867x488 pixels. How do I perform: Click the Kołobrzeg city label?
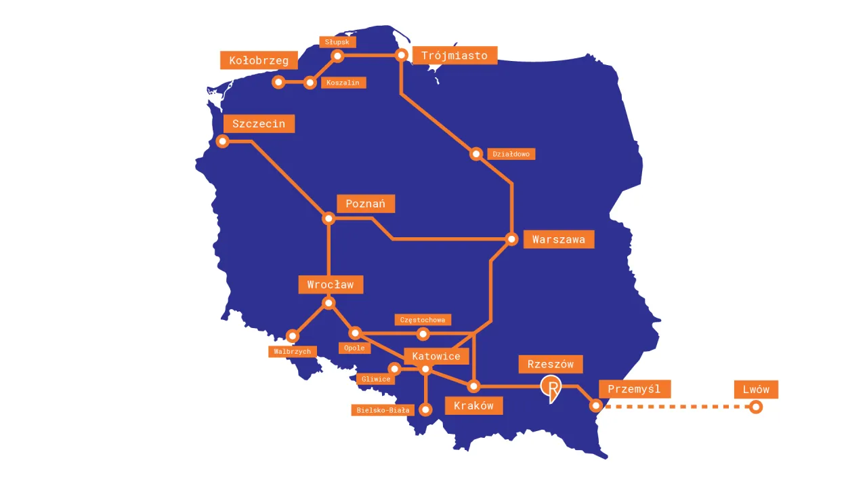click(259, 60)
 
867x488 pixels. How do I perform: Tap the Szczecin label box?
click(259, 123)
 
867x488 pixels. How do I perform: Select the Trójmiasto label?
click(454, 56)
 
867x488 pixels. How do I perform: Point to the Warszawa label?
click(559, 239)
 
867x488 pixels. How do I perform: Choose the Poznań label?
click(366, 204)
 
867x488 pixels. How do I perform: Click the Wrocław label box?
click(331, 285)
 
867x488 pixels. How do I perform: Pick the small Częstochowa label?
click(423, 319)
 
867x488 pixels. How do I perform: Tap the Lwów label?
click(756, 389)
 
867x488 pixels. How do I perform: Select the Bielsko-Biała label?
click(383, 410)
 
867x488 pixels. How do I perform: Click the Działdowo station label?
click(511, 154)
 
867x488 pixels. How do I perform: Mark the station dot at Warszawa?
click(512, 239)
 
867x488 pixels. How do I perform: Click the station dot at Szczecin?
click(222, 141)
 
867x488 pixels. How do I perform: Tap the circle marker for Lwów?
click(756, 407)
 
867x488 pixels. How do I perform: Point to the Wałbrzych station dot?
click(293, 335)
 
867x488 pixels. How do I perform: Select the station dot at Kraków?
click(474, 386)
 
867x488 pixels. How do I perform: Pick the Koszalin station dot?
click(310, 83)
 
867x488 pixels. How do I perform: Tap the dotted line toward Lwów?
click(677, 407)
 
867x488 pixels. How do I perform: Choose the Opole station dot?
click(355, 333)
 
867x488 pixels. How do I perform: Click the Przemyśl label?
click(634, 389)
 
